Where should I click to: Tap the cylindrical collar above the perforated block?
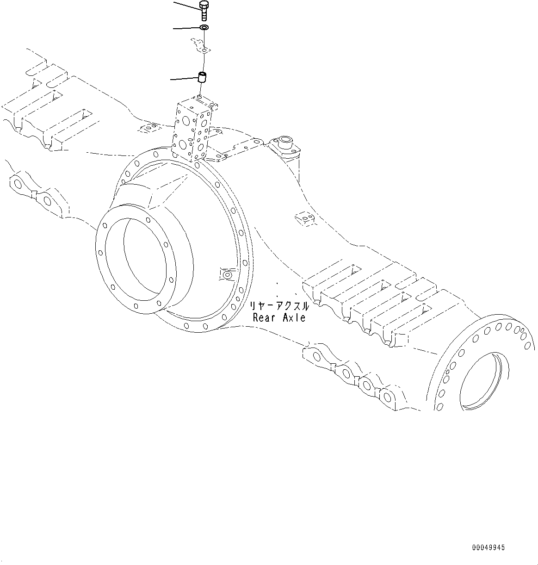click(x=202, y=77)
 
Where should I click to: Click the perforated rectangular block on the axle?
click(x=193, y=130)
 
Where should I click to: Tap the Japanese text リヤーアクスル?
click(x=278, y=306)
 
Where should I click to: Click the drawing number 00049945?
click(x=489, y=547)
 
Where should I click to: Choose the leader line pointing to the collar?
click(x=184, y=79)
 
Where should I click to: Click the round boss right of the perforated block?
click(x=283, y=141)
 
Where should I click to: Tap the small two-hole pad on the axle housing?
click(x=304, y=217)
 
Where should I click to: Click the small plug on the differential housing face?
click(x=227, y=275)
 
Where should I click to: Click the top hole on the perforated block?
click(x=199, y=98)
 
